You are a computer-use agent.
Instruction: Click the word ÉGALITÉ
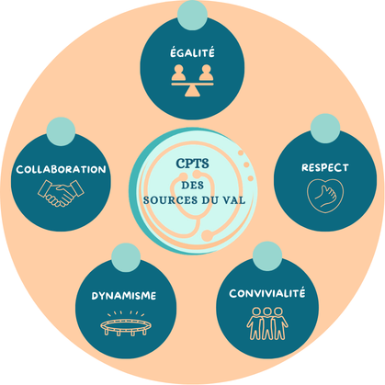coord(192,52)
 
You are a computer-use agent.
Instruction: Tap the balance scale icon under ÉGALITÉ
coord(192,81)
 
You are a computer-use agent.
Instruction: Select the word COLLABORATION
coord(61,169)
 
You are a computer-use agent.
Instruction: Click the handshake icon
coord(61,193)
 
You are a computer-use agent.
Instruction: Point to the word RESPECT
coord(325,167)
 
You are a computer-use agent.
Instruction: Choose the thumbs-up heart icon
coord(325,196)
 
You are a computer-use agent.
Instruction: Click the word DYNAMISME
coord(124,296)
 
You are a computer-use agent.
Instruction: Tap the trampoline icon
coord(126,323)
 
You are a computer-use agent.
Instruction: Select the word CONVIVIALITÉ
coord(267,293)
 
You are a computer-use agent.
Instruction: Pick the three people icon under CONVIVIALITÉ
coord(267,323)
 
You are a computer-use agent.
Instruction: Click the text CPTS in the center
coord(192,164)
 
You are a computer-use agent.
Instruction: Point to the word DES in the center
coord(192,186)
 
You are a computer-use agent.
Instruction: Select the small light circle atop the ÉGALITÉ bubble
coord(192,15)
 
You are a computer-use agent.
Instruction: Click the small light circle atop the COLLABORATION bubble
coord(61,131)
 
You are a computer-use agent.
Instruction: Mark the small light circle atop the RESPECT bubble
coord(325,129)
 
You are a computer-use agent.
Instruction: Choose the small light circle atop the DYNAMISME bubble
coord(126,257)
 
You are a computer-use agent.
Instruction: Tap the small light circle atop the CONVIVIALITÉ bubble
coord(267,256)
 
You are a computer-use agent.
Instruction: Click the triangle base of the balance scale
coord(192,91)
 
